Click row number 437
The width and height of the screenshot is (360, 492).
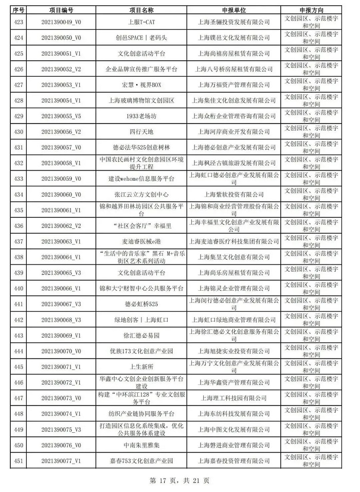pos(19,241)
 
